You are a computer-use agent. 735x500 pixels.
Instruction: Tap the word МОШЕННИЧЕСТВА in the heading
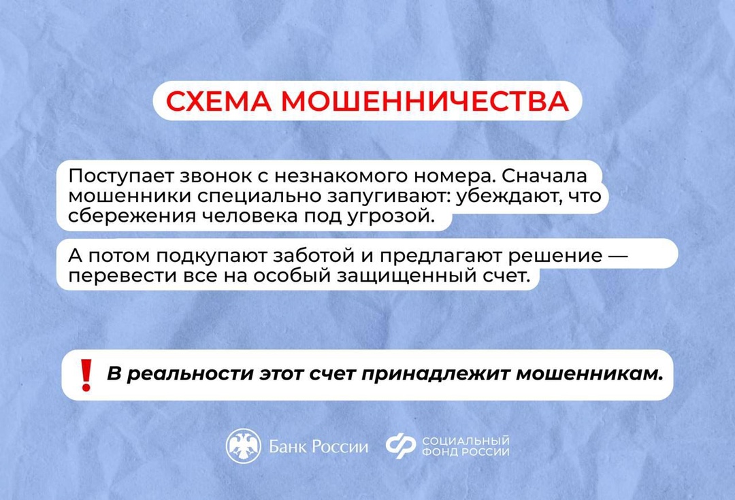pyautogui.click(x=423, y=101)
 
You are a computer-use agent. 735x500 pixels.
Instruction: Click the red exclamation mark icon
pyautogui.click(x=86, y=375)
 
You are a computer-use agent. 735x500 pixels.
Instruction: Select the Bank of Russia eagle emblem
pyautogui.click(x=243, y=446)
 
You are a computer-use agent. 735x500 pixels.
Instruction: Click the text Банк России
pyautogui.click(x=318, y=447)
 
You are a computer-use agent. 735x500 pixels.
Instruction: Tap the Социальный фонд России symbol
pyautogui.click(x=400, y=446)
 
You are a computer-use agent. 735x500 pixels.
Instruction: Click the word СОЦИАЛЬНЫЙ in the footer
pyautogui.click(x=465, y=441)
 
